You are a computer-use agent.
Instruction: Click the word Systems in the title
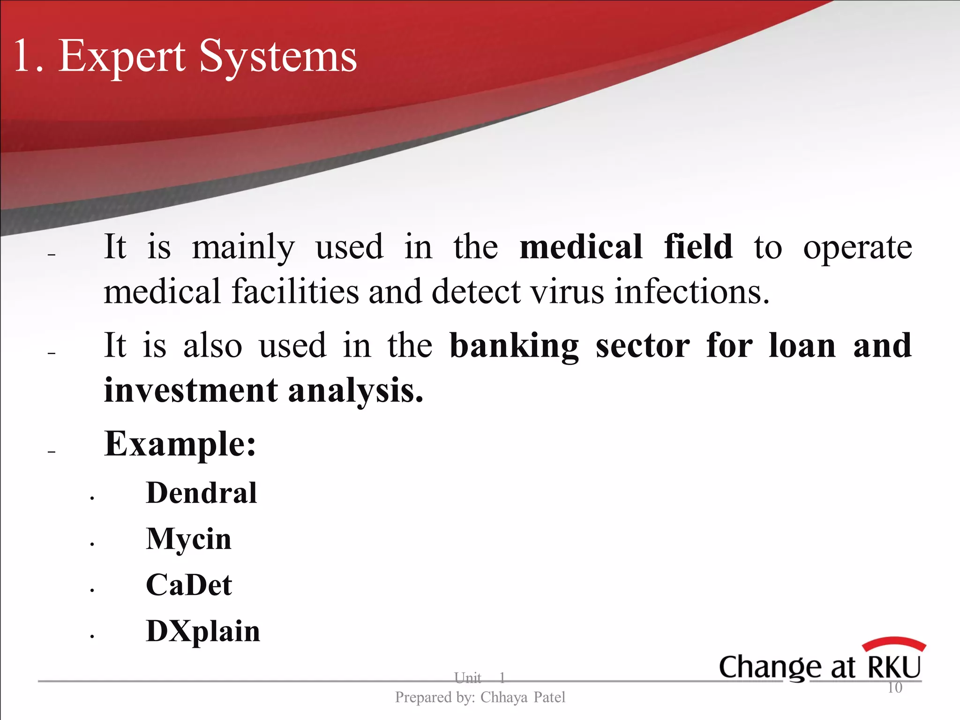click(x=278, y=58)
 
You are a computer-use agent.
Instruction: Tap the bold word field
click(x=698, y=247)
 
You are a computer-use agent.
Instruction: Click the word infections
click(x=692, y=292)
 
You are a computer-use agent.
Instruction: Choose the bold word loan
click(x=802, y=345)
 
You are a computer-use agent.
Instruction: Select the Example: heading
click(x=180, y=443)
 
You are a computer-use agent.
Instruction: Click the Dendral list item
click(x=201, y=493)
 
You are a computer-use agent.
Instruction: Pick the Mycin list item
click(x=188, y=539)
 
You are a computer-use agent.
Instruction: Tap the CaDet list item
click(x=188, y=585)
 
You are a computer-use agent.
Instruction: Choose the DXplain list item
click(x=202, y=631)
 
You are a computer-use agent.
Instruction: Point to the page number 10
click(x=894, y=688)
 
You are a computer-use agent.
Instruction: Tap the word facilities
click(x=295, y=292)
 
